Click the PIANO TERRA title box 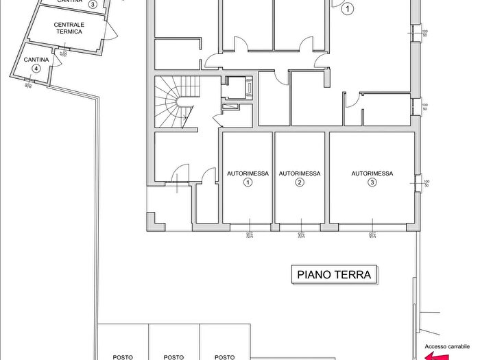(334, 275)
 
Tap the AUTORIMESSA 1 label (248, 173)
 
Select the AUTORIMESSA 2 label (300, 173)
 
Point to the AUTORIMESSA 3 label (372, 173)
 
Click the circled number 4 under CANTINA (36, 69)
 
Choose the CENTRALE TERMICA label (69, 28)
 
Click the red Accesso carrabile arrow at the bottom (435, 356)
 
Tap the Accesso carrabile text (447, 346)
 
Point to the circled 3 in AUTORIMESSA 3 (372, 182)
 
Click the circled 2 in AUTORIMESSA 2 (300, 182)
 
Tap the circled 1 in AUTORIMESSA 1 (248, 182)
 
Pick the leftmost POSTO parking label (123, 357)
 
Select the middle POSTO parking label (174, 357)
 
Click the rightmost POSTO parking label (225, 357)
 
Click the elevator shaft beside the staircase (239, 88)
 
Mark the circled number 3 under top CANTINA (92, 4)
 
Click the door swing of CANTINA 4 (57, 60)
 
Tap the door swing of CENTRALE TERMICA (111, 30)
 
